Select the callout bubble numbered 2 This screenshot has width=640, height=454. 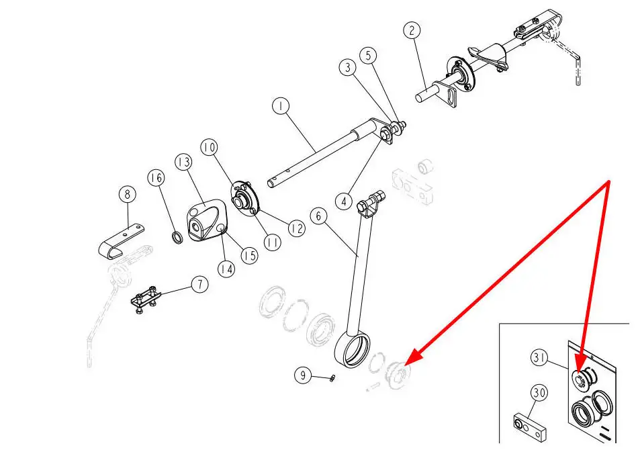click(412, 31)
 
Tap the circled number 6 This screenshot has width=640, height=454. click(319, 216)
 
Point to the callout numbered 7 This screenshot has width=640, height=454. click(199, 284)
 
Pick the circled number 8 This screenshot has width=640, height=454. click(127, 195)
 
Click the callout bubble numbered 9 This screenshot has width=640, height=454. click(304, 376)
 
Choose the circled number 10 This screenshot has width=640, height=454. click(210, 146)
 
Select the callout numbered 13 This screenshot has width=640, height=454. click(183, 162)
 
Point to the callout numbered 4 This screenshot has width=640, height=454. click(344, 201)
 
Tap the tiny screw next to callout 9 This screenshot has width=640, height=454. click(332, 380)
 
